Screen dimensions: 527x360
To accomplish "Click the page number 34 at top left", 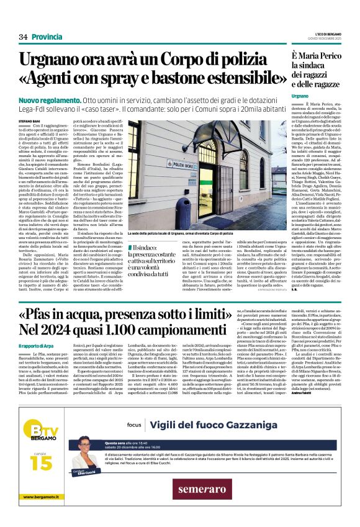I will pos(24,37).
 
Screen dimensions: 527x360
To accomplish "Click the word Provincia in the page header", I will pos(47,37).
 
